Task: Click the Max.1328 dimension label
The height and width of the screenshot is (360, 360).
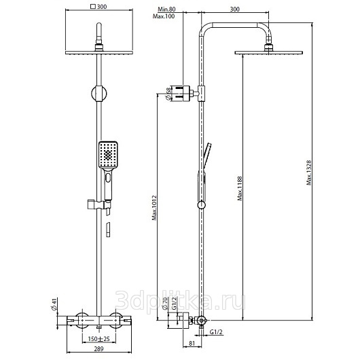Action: (309, 173)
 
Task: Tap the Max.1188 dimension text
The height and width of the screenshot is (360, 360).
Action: (240, 188)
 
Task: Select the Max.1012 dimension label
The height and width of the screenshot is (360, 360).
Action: (154, 208)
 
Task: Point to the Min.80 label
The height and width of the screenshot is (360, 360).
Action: (166, 10)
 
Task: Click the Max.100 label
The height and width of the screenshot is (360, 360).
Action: (164, 16)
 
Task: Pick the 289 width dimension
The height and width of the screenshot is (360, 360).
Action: (99, 348)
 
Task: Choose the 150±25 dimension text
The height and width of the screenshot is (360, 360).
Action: (99, 339)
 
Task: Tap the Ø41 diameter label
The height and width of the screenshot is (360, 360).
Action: (54, 304)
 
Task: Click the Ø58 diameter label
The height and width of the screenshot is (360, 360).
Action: (168, 94)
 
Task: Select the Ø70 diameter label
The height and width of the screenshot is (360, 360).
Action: (165, 304)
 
